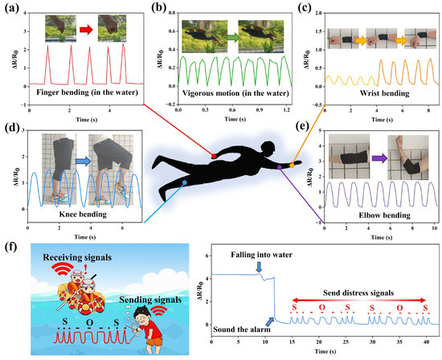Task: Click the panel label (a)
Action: (10, 10)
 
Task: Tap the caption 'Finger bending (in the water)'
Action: (76, 92)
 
